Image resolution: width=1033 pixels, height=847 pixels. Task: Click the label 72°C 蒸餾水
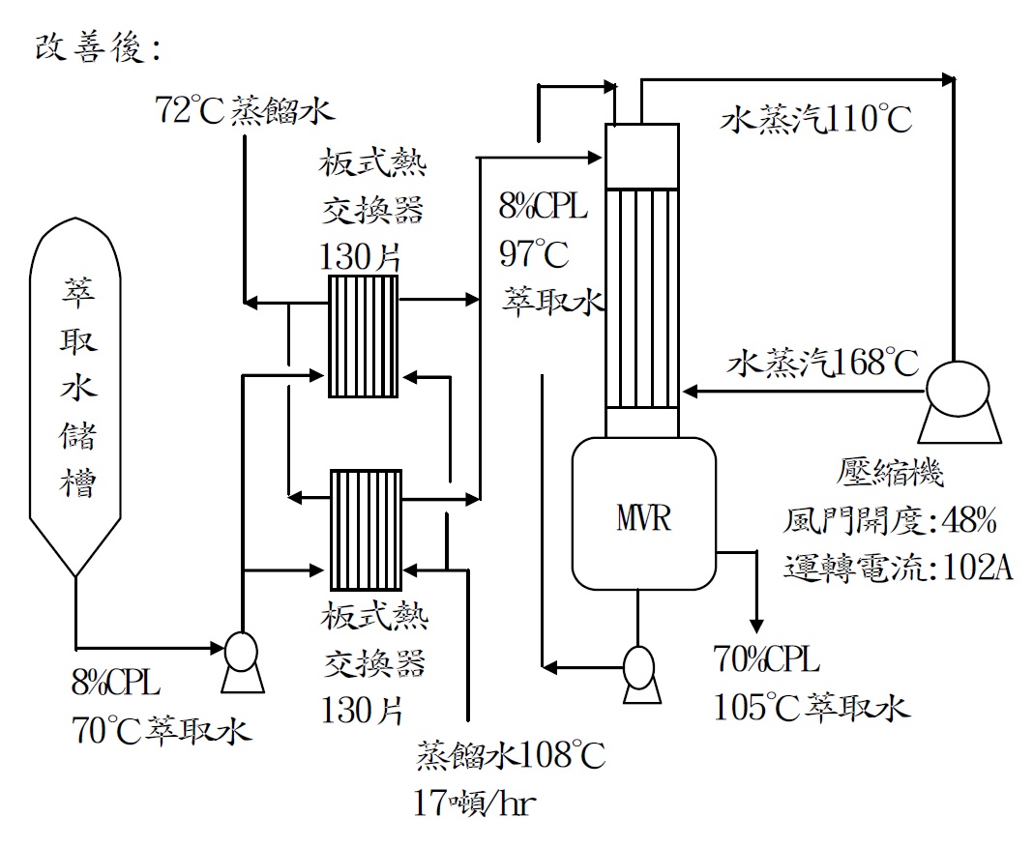click(244, 110)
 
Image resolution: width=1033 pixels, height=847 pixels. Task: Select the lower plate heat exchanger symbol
click(366, 529)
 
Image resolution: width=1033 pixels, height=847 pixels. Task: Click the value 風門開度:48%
click(889, 522)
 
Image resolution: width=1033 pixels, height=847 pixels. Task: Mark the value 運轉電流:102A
click(898, 568)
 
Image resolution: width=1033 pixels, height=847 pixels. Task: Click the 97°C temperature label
click(534, 253)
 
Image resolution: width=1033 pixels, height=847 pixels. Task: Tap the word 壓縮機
click(890, 475)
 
